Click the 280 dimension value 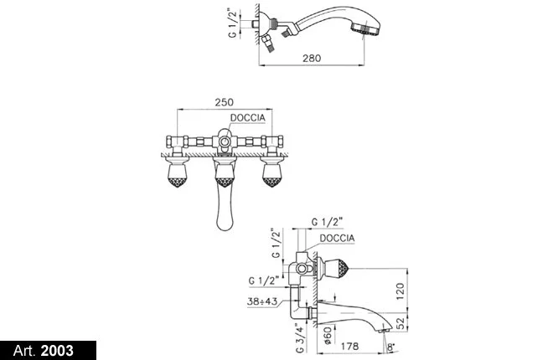312,58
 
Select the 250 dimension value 225,102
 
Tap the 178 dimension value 349,347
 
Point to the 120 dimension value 401,291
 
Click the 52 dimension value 401,323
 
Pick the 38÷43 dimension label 262,301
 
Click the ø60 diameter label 328,335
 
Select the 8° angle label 390,347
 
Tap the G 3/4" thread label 300,338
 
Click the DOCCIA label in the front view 247,118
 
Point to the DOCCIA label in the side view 337,238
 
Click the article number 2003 57,351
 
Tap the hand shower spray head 367,27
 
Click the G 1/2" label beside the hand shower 233,24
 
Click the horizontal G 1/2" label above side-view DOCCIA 327,222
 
